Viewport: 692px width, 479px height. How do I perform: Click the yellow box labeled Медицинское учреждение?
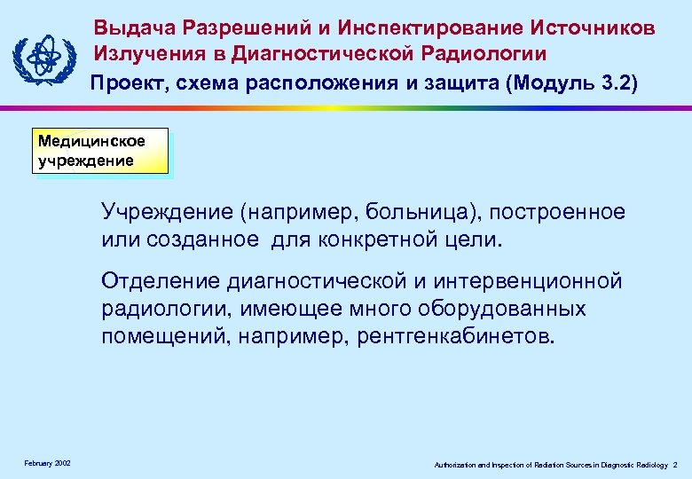[99, 151]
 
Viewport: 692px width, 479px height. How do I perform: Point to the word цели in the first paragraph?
[477, 239]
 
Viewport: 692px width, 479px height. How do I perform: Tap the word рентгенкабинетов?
[457, 337]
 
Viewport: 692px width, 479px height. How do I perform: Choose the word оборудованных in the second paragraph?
[509, 310]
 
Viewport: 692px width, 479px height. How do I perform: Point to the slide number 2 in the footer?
[675, 465]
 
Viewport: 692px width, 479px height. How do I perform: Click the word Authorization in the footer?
[452, 465]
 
